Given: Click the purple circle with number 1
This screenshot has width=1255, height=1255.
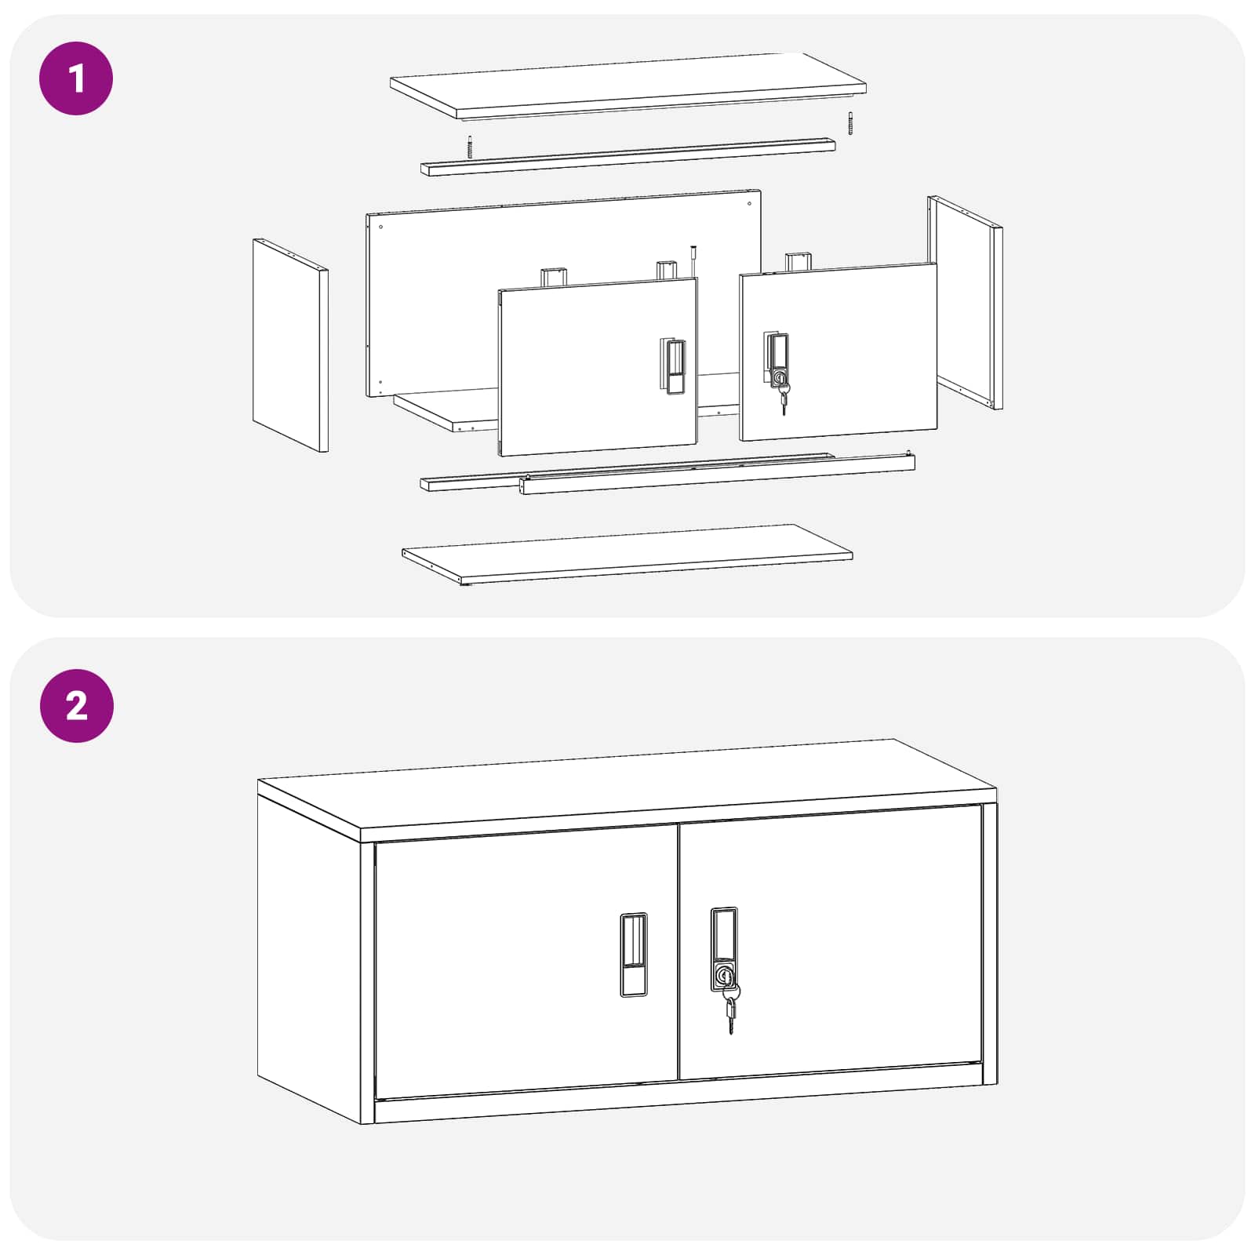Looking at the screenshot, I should pyautogui.click(x=76, y=78).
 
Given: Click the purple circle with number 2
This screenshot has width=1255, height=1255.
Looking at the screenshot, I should pyautogui.click(x=76, y=706).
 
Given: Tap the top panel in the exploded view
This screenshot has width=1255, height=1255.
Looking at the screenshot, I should pyautogui.click(x=627, y=84).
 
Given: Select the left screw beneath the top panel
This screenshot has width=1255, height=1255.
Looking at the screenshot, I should pyautogui.click(x=470, y=147).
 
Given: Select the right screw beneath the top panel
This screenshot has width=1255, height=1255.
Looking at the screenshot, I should pyautogui.click(x=849, y=123).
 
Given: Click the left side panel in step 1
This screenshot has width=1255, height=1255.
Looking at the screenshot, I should pyautogui.click(x=289, y=345).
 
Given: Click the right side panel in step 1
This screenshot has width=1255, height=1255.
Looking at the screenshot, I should pyautogui.click(x=965, y=302).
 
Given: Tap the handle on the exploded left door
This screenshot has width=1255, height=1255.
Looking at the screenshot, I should pyautogui.click(x=672, y=366).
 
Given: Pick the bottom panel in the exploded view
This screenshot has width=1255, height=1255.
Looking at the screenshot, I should pyautogui.click(x=627, y=553).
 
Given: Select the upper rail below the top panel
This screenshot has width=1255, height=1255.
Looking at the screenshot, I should pyautogui.click(x=627, y=157).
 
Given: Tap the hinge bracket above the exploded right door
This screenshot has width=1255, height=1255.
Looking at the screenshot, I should pyautogui.click(x=798, y=261).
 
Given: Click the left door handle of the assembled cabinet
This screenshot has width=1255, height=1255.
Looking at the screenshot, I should pyautogui.click(x=634, y=955).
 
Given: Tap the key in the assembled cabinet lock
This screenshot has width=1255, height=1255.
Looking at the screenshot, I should pyautogui.click(x=731, y=1012).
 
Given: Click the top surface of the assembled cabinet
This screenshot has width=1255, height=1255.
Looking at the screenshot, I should pyautogui.click(x=627, y=784).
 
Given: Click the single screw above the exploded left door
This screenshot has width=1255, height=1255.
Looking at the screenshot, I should pyautogui.click(x=693, y=259).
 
